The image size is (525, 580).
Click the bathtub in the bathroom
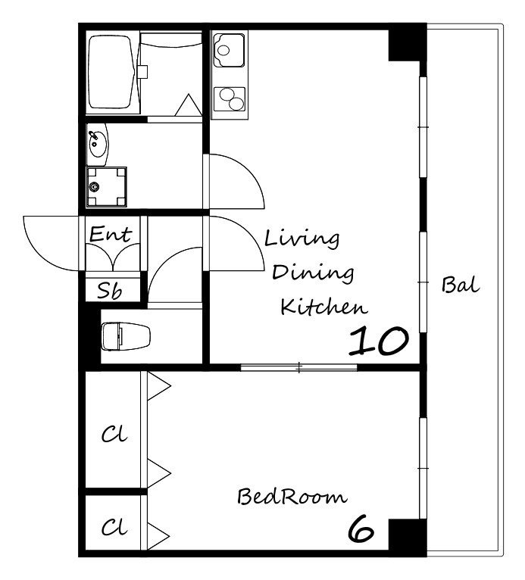111,72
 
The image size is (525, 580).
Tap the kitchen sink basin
230,50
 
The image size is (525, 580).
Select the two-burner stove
230,99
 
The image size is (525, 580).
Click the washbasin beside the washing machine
98,145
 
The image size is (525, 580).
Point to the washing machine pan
107,187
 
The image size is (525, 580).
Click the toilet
126,336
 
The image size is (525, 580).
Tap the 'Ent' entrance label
111,234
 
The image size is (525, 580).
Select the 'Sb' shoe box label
110,290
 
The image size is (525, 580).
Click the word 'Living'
302,240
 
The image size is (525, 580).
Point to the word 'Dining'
313,273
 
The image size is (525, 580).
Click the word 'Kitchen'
324,306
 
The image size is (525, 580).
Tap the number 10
379,341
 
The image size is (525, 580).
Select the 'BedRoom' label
292,497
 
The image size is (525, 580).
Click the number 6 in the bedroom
361,529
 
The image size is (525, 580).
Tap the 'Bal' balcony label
461,285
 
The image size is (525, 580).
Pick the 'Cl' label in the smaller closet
114,527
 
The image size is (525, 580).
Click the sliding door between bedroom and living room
299,368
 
